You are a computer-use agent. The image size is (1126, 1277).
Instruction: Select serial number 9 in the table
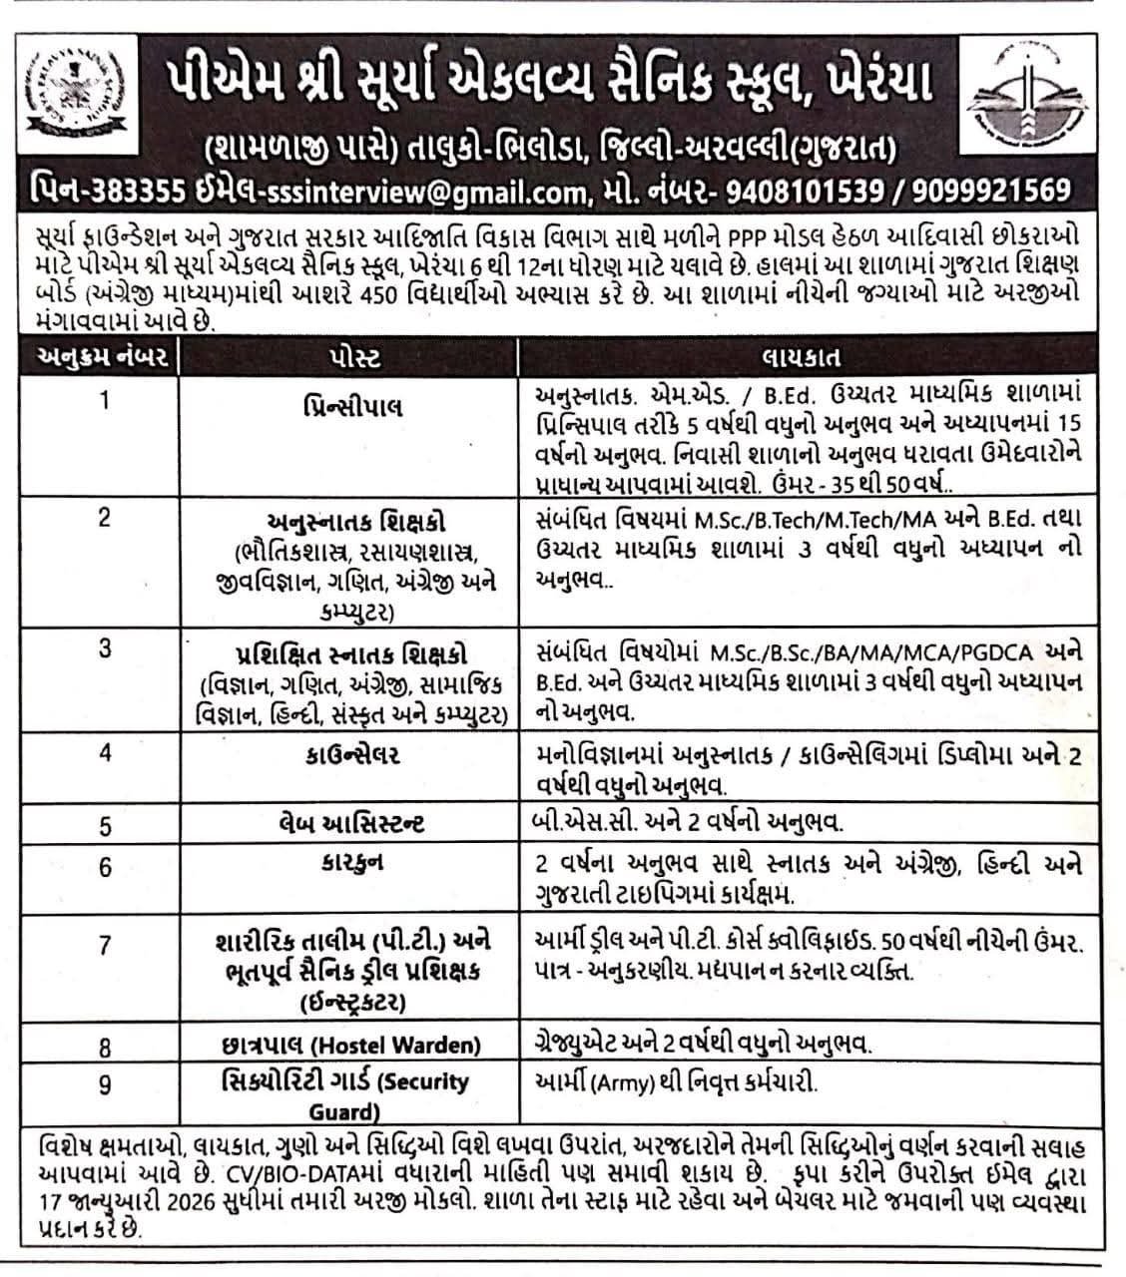(106, 1084)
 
